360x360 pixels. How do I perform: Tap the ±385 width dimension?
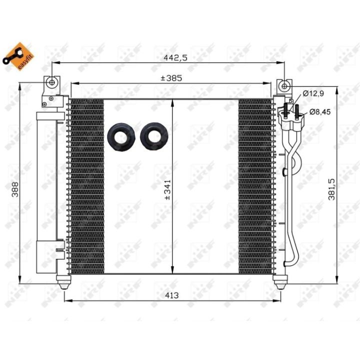(x=171, y=78)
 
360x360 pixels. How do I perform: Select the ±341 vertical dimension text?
(x=168, y=189)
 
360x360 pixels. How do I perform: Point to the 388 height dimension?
(x=15, y=189)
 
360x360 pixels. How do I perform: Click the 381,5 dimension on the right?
(x=332, y=189)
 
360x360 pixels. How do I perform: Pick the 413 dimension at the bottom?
(x=171, y=295)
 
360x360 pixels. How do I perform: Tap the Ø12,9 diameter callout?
(x=313, y=93)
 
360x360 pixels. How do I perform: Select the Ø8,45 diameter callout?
(x=320, y=112)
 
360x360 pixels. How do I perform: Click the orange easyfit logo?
(x=18, y=56)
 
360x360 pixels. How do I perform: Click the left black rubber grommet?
(x=121, y=137)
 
